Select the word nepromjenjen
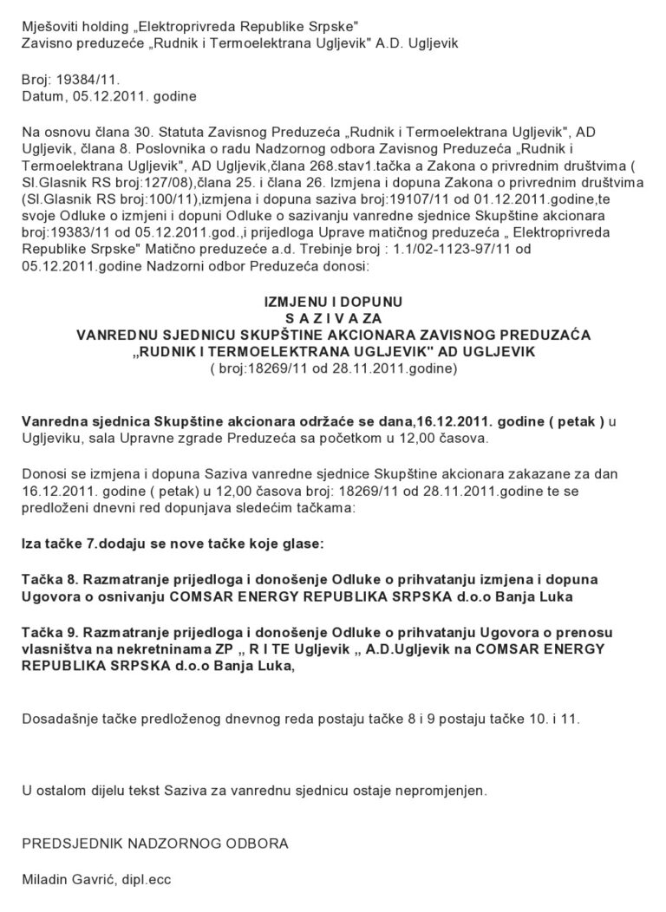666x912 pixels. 440,791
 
